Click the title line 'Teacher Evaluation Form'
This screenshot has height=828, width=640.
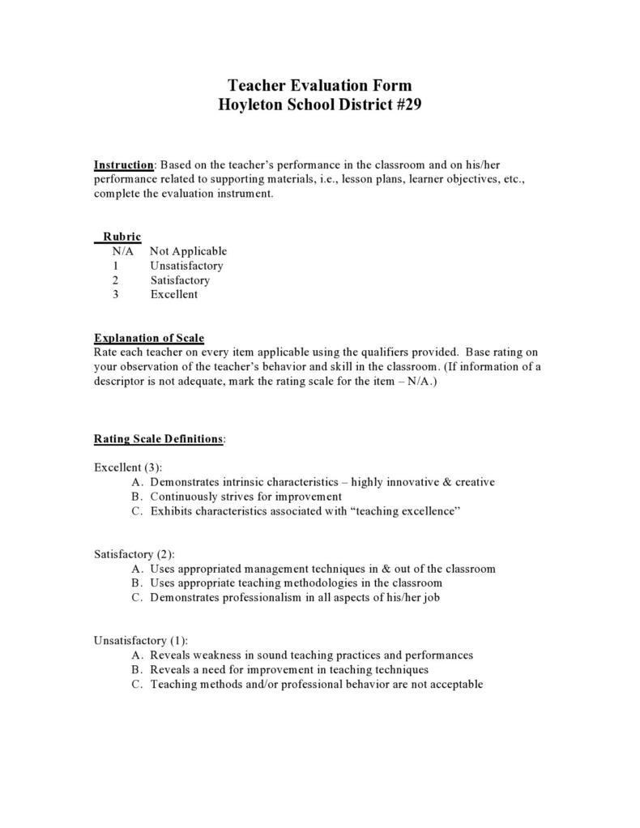click(x=319, y=85)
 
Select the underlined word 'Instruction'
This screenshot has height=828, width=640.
click(x=124, y=164)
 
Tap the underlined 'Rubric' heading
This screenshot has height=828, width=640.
click(x=122, y=237)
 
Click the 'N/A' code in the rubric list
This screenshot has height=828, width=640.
click(x=123, y=251)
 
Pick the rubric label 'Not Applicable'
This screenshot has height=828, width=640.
click(x=188, y=251)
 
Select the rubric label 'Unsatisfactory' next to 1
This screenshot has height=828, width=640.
click(x=186, y=266)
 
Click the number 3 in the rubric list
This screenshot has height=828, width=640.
click(x=116, y=295)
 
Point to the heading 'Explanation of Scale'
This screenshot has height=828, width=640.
click(x=149, y=338)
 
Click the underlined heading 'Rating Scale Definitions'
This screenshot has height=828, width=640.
click(x=158, y=439)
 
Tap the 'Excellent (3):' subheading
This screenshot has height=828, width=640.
click(x=128, y=467)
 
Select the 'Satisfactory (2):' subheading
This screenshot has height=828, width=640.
click(x=134, y=554)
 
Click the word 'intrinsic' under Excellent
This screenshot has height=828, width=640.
click(x=238, y=482)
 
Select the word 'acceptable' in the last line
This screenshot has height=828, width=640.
click(x=454, y=684)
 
